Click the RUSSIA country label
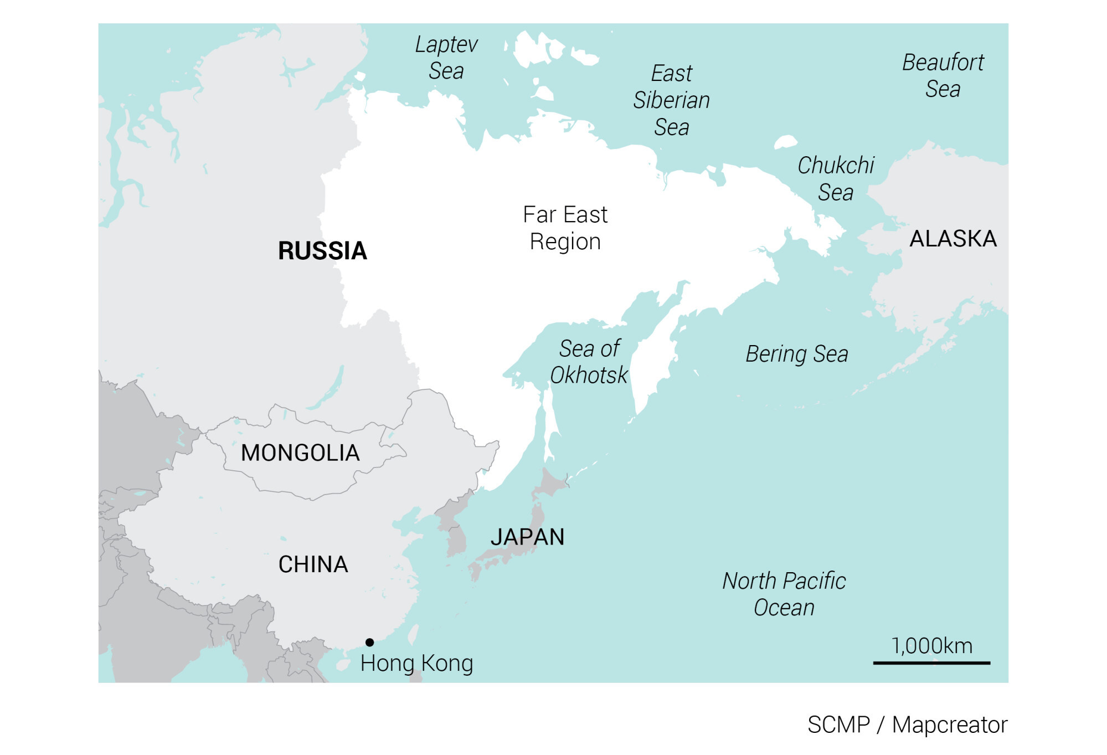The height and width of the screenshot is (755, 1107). pos(322,251)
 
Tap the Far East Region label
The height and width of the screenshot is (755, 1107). pos(565,228)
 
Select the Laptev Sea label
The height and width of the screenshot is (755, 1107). pos(446,58)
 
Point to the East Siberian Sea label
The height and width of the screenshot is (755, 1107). pos(671,100)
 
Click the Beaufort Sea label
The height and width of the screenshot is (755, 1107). pos(943,76)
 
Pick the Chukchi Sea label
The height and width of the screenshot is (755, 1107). pos(836,179)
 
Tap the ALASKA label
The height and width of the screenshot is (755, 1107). pos(953,239)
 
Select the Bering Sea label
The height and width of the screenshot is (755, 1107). pos(796,354)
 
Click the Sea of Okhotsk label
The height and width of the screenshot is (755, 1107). pos(589,362)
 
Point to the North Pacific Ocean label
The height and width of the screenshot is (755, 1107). pos(784,594)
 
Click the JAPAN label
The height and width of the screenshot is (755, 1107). pos(527,537)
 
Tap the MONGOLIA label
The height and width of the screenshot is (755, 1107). pos(300,453)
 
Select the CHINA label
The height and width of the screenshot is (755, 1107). pos(313,564)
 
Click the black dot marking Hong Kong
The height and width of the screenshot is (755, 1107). pos(369,643)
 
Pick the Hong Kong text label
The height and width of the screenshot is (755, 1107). pos(416,663)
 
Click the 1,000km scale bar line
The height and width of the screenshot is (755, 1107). pos(931,662)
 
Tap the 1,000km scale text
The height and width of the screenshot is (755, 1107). pos(931,646)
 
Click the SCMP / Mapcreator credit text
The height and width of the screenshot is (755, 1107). pos(907,725)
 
